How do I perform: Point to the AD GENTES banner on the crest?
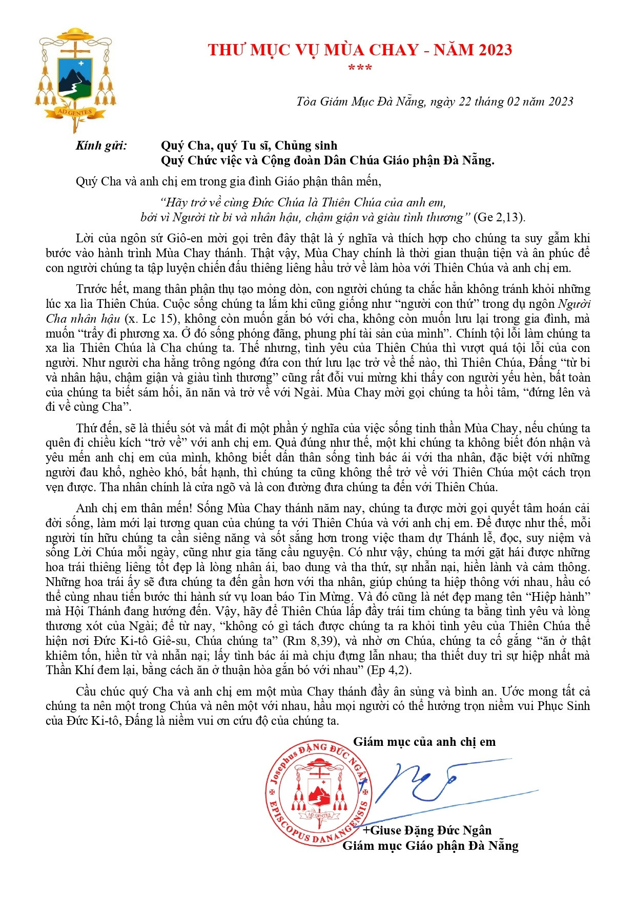point(75,112)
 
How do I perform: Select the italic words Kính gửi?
point(101,145)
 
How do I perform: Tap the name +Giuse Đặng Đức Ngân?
point(427,830)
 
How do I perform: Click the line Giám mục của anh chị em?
point(424,742)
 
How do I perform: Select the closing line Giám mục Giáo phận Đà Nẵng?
point(430,846)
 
